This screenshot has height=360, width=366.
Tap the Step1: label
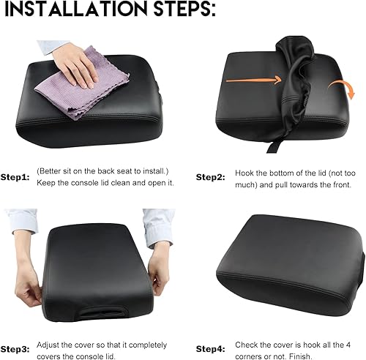coord(15,176)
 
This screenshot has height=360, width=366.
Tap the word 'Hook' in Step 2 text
coord(247,173)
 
